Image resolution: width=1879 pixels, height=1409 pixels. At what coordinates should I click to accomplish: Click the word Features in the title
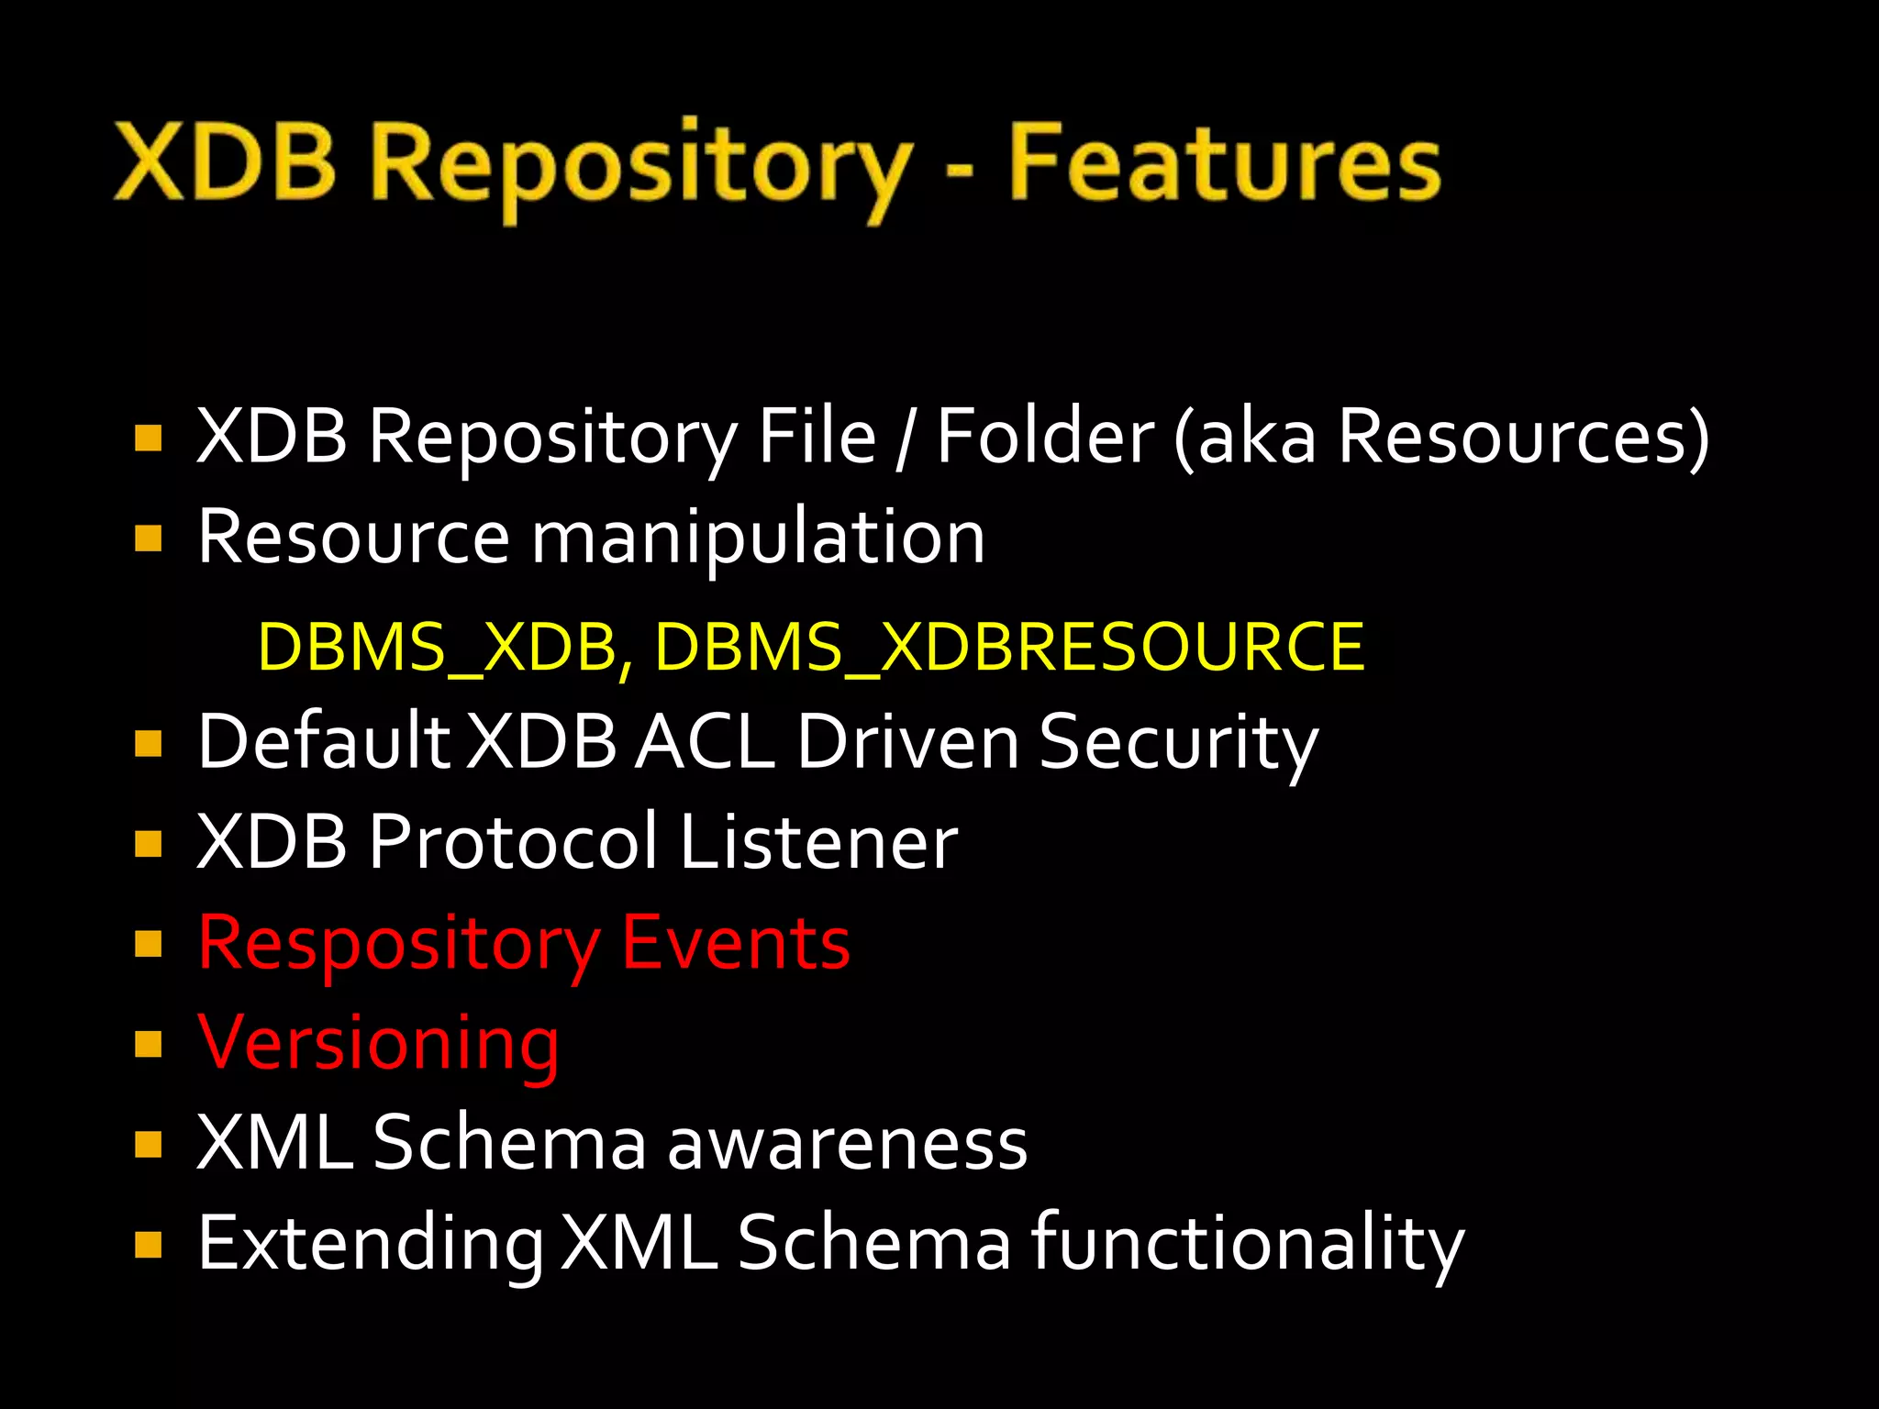pyautogui.click(x=1225, y=165)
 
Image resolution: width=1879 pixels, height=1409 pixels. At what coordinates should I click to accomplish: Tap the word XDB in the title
pyautogui.click(x=225, y=165)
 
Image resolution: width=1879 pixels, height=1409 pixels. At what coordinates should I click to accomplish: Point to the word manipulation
pyautogui.click(x=758, y=539)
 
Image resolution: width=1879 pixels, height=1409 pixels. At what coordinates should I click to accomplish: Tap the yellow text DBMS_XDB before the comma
pyautogui.click(x=438, y=648)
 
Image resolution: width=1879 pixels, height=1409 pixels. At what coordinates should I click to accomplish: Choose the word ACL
pyautogui.click(x=705, y=741)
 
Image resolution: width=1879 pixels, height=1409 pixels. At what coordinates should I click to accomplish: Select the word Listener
pyautogui.click(x=818, y=842)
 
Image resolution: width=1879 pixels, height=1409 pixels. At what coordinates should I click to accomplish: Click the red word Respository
pyautogui.click(x=398, y=945)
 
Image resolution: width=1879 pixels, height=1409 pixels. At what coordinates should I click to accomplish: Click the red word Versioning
pyautogui.click(x=378, y=1044)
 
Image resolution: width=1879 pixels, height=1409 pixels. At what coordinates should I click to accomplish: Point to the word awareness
pyautogui.click(x=847, y=1145)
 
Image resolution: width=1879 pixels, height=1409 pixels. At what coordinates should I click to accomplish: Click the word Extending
pyautogui.click(x=371, y=1246)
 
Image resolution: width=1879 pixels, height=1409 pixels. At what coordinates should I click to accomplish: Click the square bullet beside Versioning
pyautogui.click(x=148, y=1044)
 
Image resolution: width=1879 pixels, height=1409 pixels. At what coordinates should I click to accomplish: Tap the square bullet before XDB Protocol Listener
pyautogui.click(x=148, y=843)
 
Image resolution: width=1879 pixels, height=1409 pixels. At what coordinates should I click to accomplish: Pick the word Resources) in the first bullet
pyautogui.click(x=1523, y=437)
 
